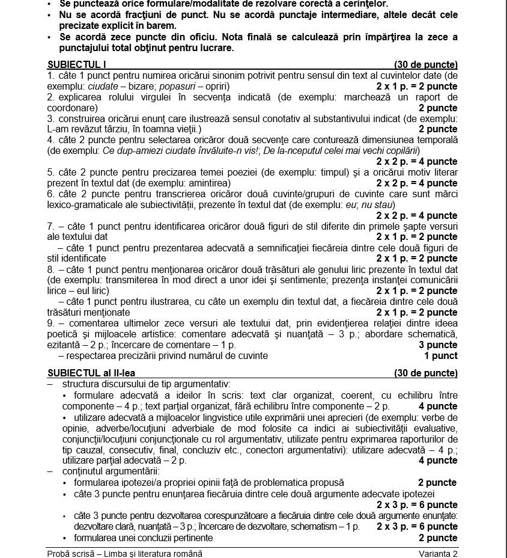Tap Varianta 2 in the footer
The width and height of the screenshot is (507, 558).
tap(439, 553)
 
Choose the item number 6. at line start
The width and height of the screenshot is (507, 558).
tap(51, 194)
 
